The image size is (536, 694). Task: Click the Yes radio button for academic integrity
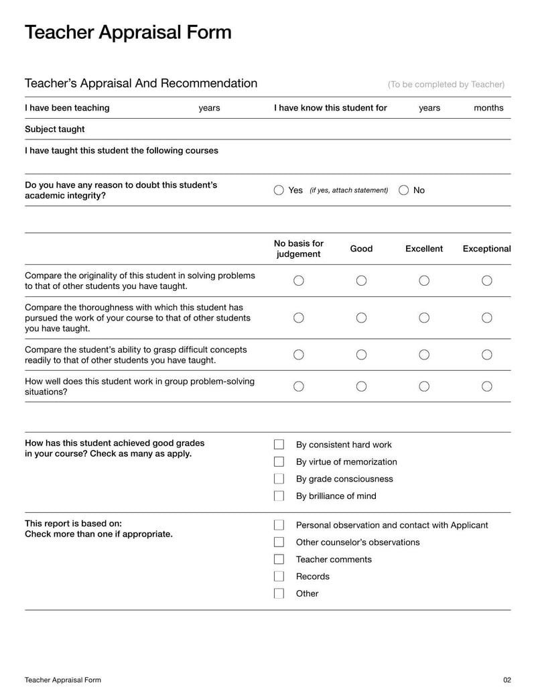point(279,190)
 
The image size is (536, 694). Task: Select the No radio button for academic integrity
point(403,190)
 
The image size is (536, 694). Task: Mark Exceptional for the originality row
point(487,280)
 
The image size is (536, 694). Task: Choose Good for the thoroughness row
point(361,318)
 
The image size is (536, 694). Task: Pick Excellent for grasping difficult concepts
point(424,354)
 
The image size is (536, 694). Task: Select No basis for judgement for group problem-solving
point(299,386)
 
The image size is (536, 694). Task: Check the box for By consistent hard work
point(279,445)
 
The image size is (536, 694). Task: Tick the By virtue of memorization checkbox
point(279,462)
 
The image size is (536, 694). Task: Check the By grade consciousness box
point(279,479)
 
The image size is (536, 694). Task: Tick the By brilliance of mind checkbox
point(279,496)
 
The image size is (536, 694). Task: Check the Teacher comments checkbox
point(279,559)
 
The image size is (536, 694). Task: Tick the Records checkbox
point(279,577)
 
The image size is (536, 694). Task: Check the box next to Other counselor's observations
point(279,542)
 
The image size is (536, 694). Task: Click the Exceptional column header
point(486,249)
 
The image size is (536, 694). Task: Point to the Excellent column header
point(424,249)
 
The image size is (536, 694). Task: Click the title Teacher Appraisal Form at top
point(128,32)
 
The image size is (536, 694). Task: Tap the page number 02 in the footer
point(507,680)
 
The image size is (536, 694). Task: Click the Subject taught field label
point(55,129)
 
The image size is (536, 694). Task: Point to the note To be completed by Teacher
point(446,84)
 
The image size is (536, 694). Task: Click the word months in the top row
point(488,108)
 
